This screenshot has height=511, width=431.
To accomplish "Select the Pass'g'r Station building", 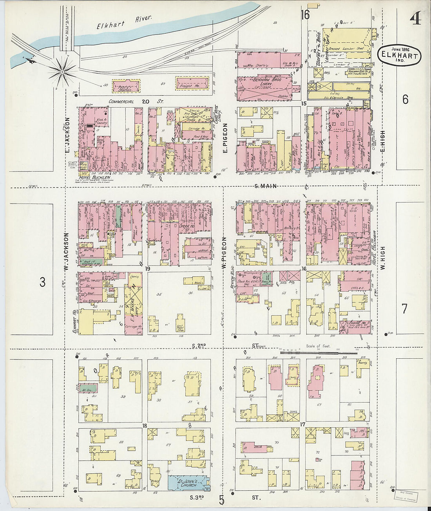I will click(126, 86).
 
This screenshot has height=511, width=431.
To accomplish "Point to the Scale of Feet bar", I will click(318, 352).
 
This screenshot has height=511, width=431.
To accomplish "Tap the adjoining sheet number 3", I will click(43, 282).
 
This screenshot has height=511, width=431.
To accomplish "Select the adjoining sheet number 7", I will click(404, 308).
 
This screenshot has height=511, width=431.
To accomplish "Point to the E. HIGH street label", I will click(382, 142).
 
